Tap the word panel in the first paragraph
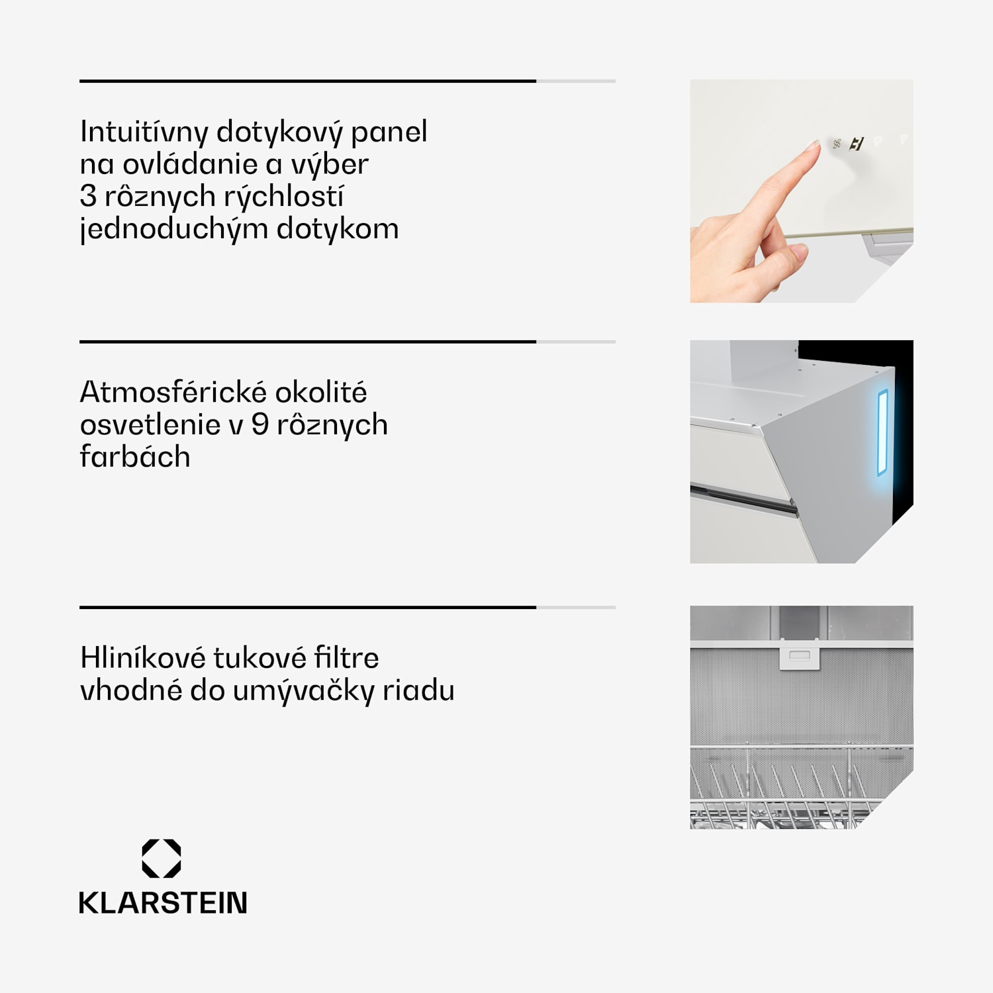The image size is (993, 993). coord(389,132)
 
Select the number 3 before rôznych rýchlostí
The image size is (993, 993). coord(88,196)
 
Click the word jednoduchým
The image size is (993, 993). coord(173,229)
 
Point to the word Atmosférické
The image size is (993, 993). coord(174,392)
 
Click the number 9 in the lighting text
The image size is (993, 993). coord(260,424)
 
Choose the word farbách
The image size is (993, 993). coord(135,456)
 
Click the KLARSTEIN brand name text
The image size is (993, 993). coord(163,903)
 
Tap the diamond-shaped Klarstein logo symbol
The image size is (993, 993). coord(162,859)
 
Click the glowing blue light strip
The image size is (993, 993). coord(882,433)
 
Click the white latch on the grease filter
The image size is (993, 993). coord(800,655)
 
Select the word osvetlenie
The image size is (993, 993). coord(150,424)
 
